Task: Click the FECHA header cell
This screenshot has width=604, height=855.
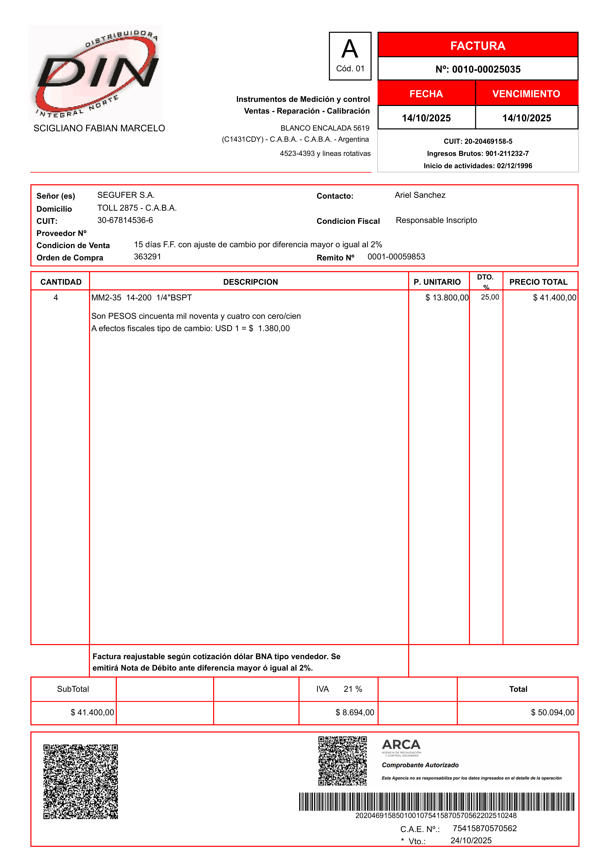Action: pos(426,94)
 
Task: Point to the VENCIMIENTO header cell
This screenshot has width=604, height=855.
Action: pos(526,94)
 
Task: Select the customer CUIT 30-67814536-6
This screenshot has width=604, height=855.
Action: pos(125,220)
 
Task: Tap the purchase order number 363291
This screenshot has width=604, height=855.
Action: pos(147,257)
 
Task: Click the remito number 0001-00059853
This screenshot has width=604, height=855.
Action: pos(396,257)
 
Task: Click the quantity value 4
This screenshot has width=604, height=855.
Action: pos(56,298)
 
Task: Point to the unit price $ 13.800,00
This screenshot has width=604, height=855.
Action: pos(447,298)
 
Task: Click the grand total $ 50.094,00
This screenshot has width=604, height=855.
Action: pos(552,712)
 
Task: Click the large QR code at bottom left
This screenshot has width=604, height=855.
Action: pos(81,782)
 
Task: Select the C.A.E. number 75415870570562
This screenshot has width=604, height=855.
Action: pos(485,828)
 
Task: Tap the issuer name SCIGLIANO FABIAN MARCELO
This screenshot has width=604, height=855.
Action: pos(99,128)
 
